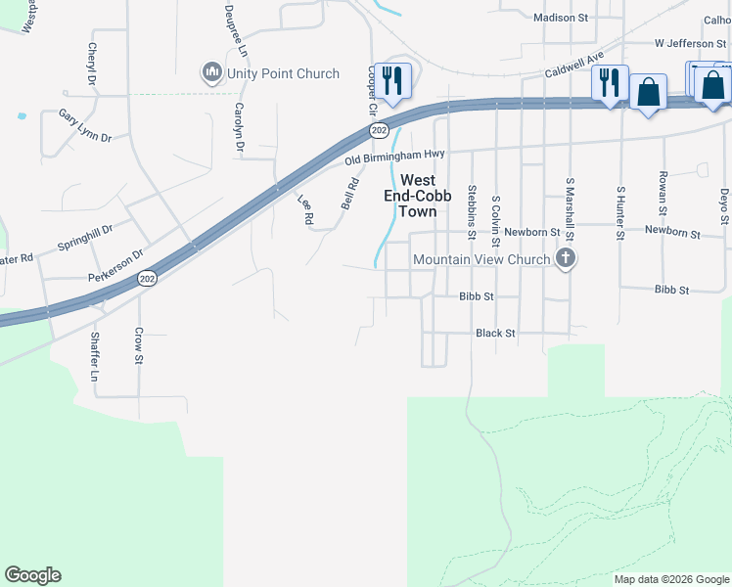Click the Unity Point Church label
pos(283,73)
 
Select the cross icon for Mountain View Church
pos(565,258)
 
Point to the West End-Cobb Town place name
pos(418,196)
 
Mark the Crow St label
pos(139,346)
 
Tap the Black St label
pos(495,334)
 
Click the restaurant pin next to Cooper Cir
pos(393,82)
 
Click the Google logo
pos(32,575)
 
